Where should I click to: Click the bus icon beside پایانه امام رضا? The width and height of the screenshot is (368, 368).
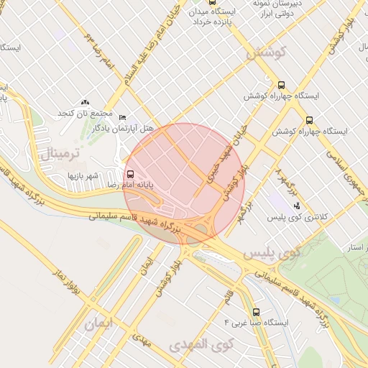[130, 174]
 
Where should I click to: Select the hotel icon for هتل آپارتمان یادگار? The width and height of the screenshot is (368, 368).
[122, 117]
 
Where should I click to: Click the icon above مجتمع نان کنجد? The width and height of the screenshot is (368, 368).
[86, 103]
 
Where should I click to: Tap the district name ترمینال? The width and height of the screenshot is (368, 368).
[52, 152]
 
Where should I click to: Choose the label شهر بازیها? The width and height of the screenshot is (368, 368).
[86, 175]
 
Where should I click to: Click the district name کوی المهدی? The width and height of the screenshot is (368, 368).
[199, 345]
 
